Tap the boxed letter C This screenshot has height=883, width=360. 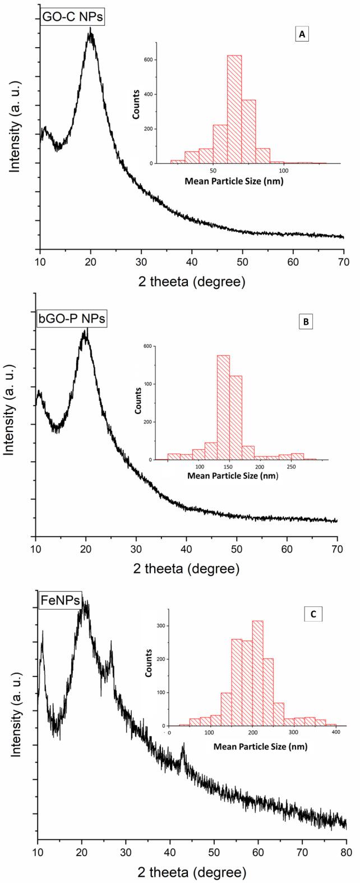(x=312, y=614)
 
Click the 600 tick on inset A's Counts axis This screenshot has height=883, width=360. (x=146, y=59)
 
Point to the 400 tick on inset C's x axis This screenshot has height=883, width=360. (x=335, y=733)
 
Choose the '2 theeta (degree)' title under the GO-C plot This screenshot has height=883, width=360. (x=191, y=278)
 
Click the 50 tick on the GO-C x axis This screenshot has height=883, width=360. (x=242, y=261)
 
